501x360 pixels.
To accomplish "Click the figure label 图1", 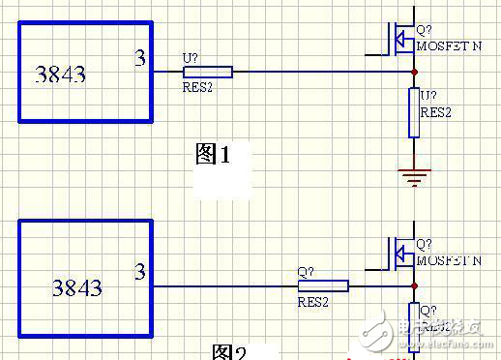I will pos(213,153).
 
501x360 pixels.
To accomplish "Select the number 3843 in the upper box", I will pos(60,74).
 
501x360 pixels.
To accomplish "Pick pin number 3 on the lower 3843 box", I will pos(140,272).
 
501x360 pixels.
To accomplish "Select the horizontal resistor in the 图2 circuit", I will pos(322,285).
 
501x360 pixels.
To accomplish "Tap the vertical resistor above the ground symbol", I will pos(413,113).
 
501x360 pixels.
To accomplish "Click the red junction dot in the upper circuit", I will pos(413,72).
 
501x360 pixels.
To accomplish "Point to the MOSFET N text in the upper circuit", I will pos(448,45).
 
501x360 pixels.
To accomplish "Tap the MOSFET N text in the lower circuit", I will pos(448,260).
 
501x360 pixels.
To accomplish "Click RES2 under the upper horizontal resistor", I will pos(197,87).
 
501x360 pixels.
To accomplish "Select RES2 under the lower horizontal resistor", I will pos(313,301).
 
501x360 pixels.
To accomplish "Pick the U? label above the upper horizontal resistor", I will pos(190,57).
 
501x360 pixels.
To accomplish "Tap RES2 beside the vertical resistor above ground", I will pos(435,112).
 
